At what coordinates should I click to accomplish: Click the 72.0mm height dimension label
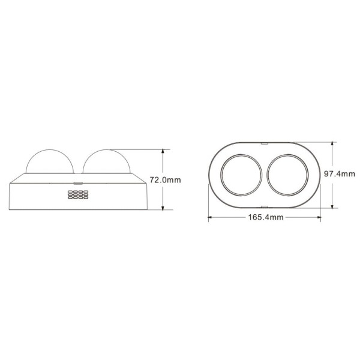(166, 180)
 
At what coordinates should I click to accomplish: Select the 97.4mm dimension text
(340, 174)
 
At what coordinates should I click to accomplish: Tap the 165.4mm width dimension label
(266, 217)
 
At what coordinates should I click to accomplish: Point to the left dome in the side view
(50, 151)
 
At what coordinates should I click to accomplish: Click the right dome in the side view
(107, 151)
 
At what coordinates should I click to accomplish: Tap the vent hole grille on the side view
(78, 194)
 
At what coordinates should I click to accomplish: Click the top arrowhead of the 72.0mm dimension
(163, 152)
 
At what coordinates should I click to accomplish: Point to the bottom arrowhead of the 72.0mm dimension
(163, 208)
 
